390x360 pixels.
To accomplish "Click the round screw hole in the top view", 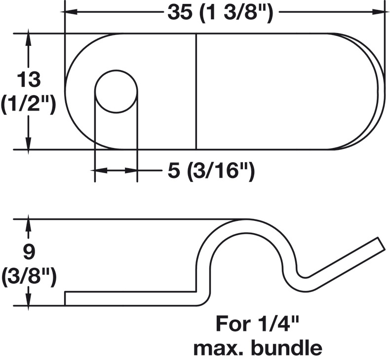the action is coord(116,91).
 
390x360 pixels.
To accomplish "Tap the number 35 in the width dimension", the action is coord(180,12).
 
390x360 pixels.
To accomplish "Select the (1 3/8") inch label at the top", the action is coord(236,13).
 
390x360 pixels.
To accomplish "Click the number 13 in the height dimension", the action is coord(29,79).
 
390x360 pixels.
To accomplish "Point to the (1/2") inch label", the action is coord(28,105).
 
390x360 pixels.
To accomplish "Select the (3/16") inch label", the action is coord(221,172).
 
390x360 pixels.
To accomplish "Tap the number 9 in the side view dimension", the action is coord(29,251).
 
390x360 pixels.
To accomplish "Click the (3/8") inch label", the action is coord(29,277).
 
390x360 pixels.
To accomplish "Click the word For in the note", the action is coord(233,324).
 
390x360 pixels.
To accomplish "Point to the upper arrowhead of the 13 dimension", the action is coord(28,36).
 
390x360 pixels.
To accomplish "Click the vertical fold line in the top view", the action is coord(196,91).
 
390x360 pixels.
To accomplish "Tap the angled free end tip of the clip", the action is coord(380,244).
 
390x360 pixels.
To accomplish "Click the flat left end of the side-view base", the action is coord(65,298).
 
